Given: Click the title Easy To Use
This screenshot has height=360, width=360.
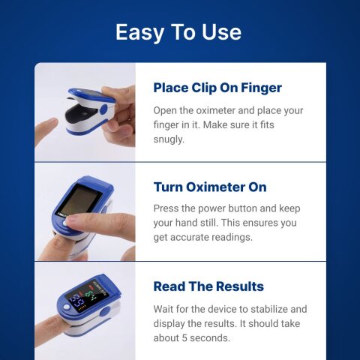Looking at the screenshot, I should [178, 32].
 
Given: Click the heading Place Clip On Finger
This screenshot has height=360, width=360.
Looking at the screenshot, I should [217, 88].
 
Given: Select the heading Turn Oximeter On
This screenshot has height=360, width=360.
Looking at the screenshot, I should [209, 187].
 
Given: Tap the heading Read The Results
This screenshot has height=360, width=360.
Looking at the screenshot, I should [208, 286].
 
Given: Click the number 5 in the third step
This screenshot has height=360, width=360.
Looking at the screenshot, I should [190, 337].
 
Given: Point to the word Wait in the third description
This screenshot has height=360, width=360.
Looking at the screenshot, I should [166, 309].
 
